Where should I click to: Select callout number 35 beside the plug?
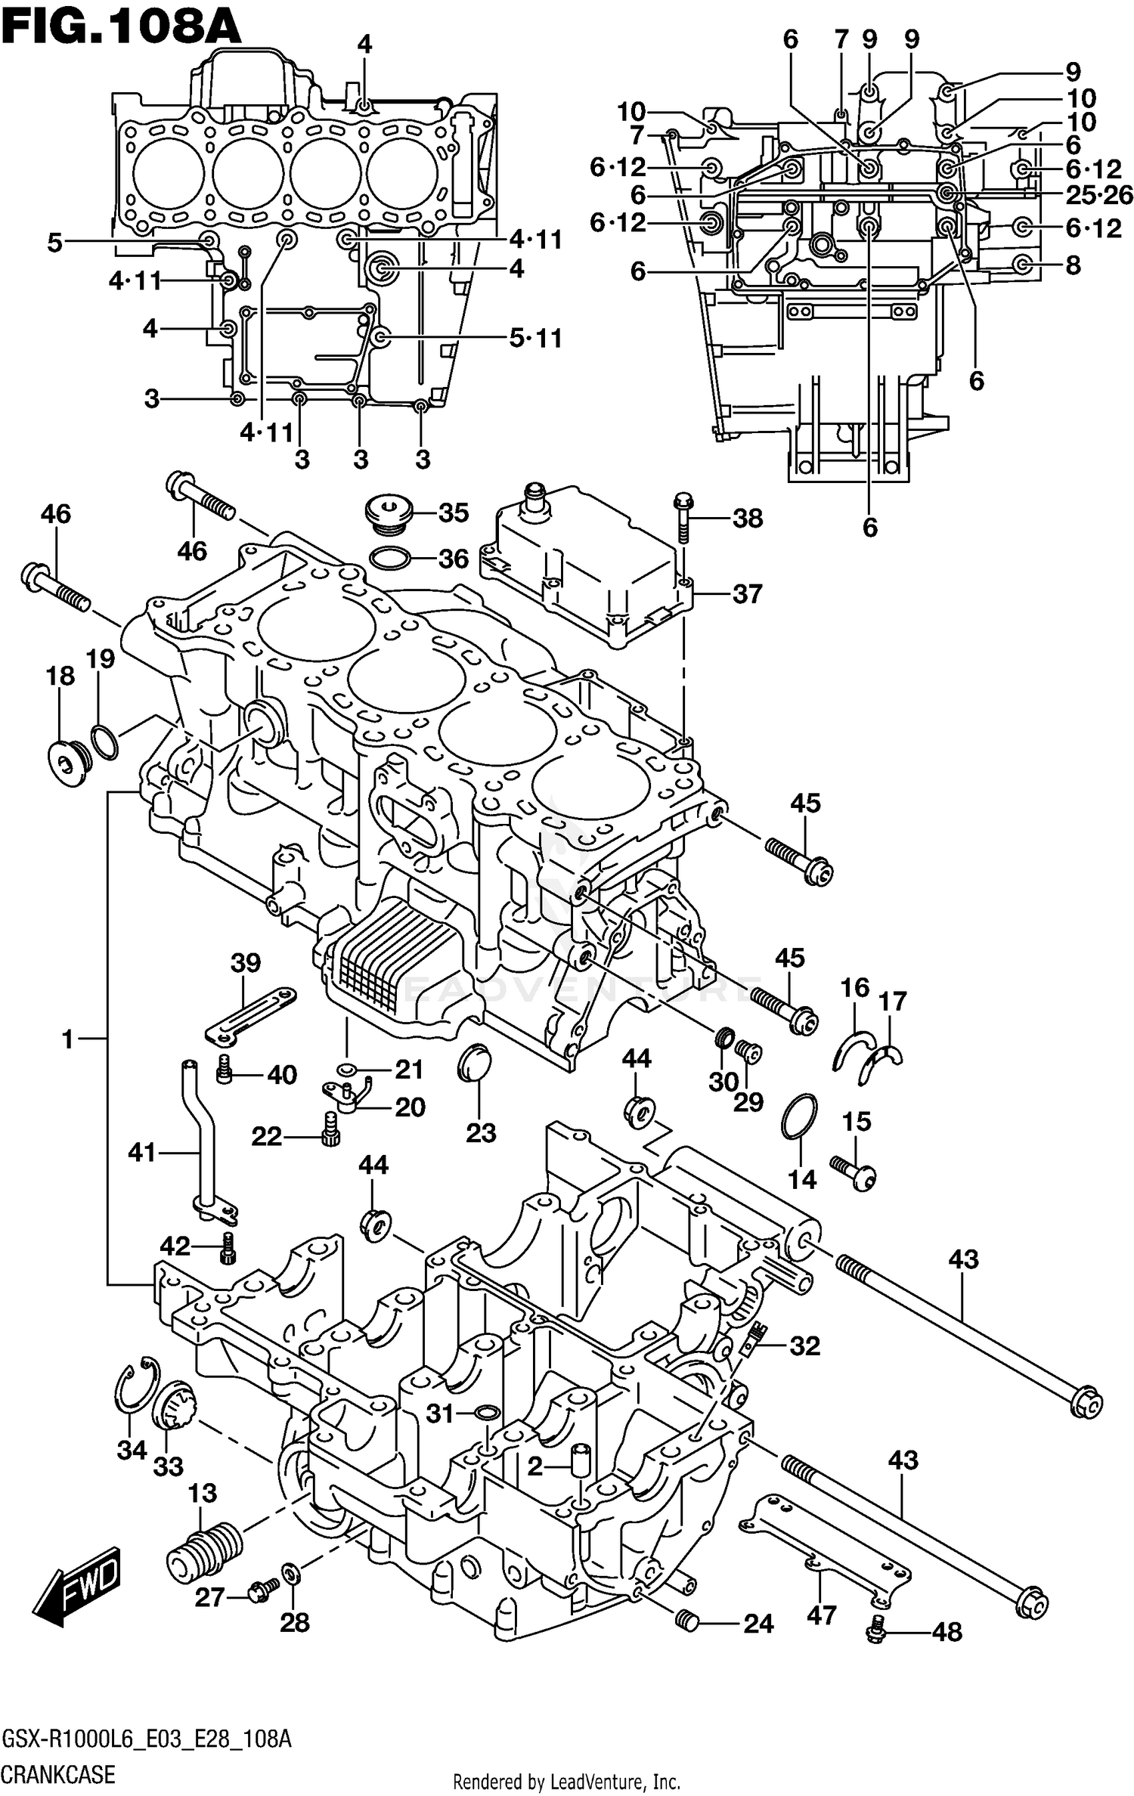tap(454, 512)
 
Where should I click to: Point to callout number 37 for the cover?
tap(747, 594)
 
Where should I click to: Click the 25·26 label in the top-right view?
tap(1099, 195)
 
